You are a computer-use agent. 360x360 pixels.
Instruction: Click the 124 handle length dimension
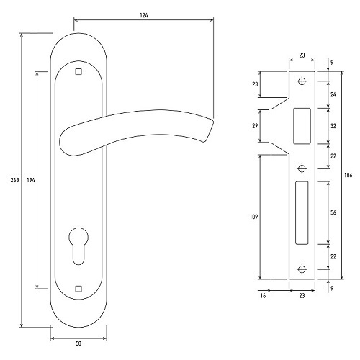coord(144,15)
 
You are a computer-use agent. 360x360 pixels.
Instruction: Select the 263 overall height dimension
coord(14,180)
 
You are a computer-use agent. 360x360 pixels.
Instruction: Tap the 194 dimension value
coord(31,180)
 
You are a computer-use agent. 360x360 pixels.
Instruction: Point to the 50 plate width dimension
coord(78,343)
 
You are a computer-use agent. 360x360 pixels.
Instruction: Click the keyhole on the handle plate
coord(78,246)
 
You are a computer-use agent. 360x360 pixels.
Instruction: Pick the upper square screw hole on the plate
coord(78,72)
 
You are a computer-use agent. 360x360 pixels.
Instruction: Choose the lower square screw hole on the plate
coord(78,289)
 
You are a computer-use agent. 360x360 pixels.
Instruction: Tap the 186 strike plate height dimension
coord(348,175)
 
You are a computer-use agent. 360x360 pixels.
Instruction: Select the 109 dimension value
coord(253,217)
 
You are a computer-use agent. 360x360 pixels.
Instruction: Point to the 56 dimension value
coord(333,212)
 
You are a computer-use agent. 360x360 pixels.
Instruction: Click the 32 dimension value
coord(333,126)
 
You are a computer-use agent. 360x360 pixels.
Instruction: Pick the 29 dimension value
coord(255,125)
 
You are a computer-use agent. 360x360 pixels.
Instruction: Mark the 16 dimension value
coord(263,296)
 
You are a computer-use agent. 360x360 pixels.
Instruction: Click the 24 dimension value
coord(333,94)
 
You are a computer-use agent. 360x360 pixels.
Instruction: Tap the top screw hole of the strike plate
coord(302,81)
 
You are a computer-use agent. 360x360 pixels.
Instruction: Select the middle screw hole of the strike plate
coord(302,168)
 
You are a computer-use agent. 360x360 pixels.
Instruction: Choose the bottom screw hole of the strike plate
coord(302,269)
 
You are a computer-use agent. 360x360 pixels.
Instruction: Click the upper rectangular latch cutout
coord(302,126)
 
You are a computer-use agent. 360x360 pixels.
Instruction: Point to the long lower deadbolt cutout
coord(302,213)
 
